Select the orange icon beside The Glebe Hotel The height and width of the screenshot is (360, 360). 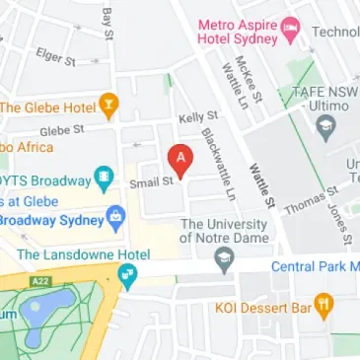(x=109, y=103)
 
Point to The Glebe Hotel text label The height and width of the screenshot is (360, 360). (x=47, y=107)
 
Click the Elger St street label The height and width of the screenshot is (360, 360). (x=55, y=57)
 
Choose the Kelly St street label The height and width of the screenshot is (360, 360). (x=197, y=117)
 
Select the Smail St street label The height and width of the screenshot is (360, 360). (x=150, y=181)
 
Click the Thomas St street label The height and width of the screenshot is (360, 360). (x=302, y=203)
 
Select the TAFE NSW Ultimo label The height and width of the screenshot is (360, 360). (x=320, y=95)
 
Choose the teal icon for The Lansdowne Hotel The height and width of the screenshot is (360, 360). (x=127, y=277)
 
